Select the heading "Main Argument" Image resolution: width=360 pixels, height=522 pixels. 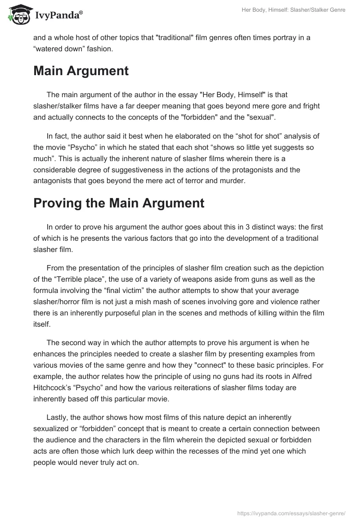click(x=81, y=71)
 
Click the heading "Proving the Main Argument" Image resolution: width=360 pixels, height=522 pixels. click(x=119, y=203)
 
